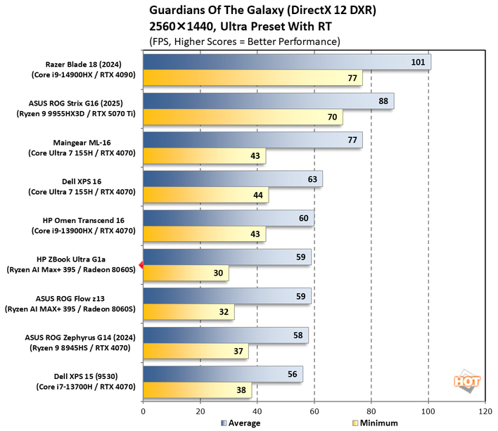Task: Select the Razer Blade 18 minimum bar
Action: coord(253,78)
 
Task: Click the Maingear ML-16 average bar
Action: coord(253,140)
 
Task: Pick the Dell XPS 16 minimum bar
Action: coord(205,195)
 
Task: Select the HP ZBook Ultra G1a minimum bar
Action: coord(186,274)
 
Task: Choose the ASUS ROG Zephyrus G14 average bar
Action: coord(225,335)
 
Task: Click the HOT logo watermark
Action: coord(467,381)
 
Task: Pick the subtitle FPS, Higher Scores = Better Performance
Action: coord(245,41)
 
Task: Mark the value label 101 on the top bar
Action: coord(418,62)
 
